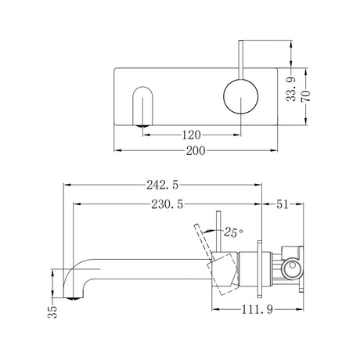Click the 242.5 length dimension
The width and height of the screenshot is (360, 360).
163,185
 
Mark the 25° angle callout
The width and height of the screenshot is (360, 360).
233,232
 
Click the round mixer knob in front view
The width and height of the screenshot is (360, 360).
239,97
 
